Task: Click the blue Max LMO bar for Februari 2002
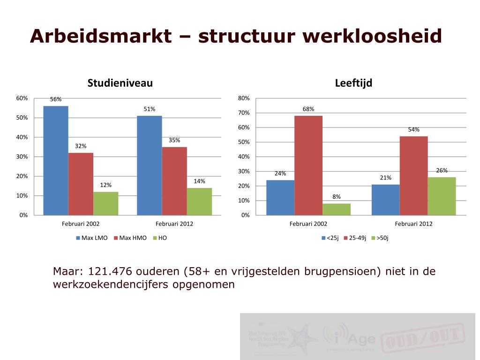56,160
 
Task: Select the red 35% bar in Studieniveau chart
174,181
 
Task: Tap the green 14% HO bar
199,202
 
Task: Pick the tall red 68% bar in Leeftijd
308,165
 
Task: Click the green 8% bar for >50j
337,209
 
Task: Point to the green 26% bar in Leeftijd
442,196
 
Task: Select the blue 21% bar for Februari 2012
385,200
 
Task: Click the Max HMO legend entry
130,238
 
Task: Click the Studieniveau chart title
120,83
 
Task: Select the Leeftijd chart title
353,83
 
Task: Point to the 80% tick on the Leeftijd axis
244,98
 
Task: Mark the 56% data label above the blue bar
56,99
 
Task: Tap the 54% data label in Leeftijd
413,130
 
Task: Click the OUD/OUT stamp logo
422,337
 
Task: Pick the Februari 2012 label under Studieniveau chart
174,224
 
